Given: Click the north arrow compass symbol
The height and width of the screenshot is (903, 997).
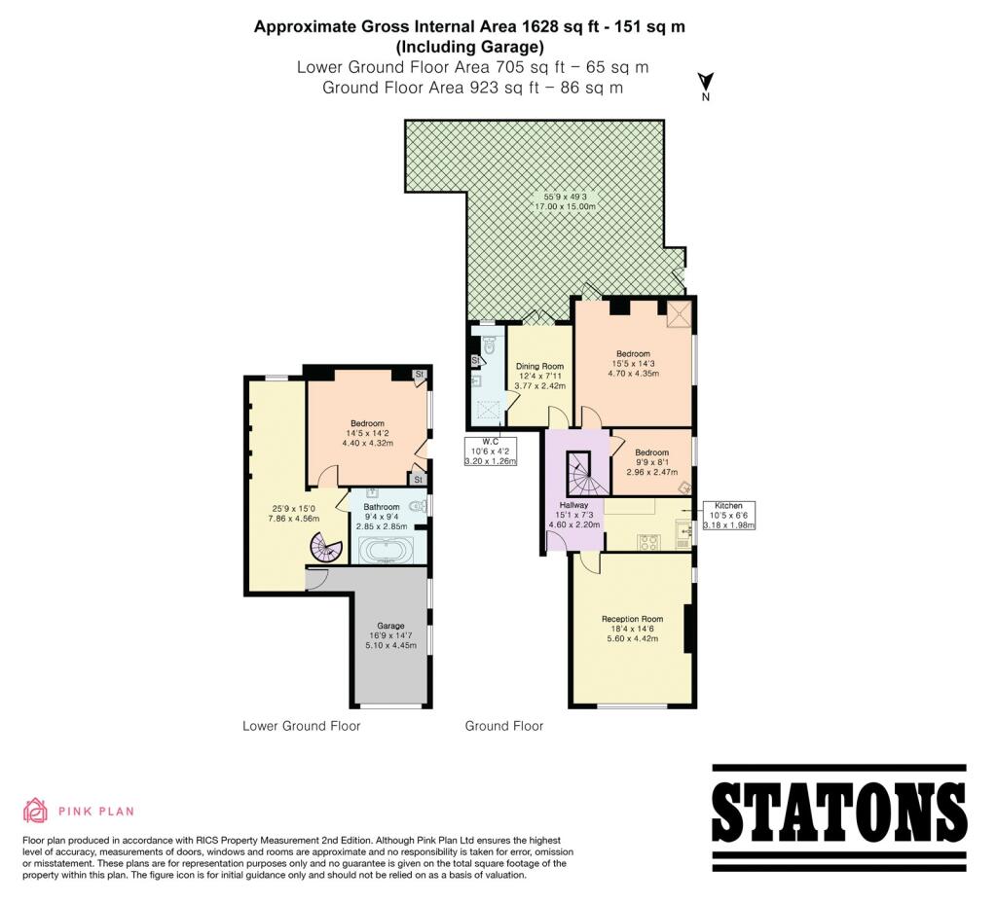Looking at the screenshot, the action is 706,87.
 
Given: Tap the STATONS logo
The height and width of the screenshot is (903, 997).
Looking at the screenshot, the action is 838,817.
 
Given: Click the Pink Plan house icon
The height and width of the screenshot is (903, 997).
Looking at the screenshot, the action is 36,810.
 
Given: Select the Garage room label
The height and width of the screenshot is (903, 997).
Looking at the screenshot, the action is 390,626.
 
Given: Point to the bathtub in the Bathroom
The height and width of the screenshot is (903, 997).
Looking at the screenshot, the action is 388,551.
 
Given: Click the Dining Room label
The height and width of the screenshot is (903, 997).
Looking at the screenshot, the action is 539,366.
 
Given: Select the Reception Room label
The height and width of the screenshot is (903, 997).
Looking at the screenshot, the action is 633,619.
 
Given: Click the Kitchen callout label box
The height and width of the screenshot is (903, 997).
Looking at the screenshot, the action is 728,516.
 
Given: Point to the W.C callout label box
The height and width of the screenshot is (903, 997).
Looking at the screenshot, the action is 491,451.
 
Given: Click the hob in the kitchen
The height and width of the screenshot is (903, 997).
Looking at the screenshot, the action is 647,542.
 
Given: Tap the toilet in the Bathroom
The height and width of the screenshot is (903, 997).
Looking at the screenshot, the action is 419,507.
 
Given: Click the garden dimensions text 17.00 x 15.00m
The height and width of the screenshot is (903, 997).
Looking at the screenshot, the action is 566,206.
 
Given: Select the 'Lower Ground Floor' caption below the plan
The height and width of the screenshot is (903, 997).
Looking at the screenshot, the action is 302,726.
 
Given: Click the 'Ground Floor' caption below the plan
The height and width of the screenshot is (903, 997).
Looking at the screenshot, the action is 504,726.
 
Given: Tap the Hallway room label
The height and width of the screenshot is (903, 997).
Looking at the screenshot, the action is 574,505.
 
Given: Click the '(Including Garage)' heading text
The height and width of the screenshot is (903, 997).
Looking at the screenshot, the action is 470,47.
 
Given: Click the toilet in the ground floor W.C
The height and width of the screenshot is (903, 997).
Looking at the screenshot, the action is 490,345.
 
